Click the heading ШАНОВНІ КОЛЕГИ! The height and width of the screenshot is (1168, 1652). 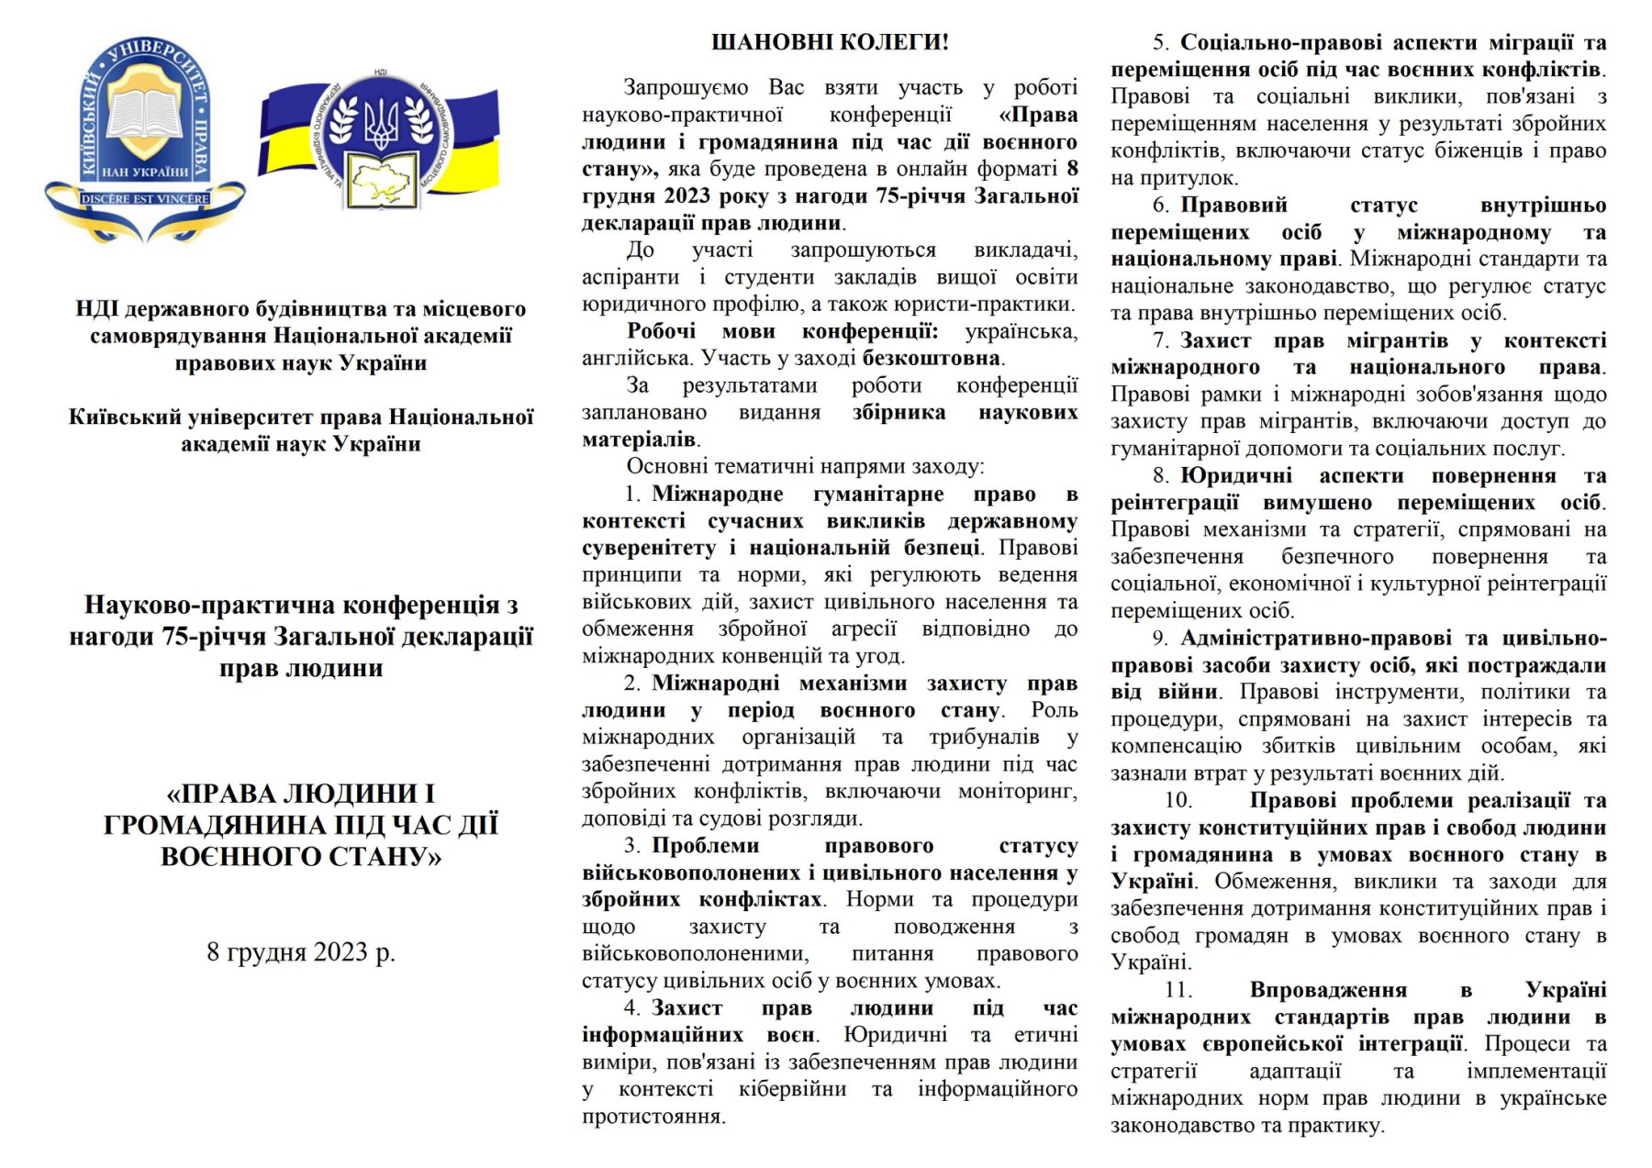click(x=830, y=42)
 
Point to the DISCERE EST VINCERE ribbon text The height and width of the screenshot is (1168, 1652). click(x=145, y=198)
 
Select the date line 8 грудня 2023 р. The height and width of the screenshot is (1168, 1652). click(x=300, y=952)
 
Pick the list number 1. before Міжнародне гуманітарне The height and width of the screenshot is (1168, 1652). click(x=632, y=495)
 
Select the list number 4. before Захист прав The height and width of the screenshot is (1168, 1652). click(x=632, y=1008)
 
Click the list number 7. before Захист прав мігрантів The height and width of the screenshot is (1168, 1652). click(x=1161, y=341)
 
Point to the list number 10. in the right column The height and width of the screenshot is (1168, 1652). click(x=1178, y=801)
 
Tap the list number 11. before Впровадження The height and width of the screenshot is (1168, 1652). click(x=1178, y=991)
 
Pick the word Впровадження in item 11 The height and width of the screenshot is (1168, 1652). click(x=1327, y=991)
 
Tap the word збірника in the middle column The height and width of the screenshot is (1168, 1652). click(x=899, y=413)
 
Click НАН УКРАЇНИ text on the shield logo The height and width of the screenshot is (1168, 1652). click(x=144, y=172)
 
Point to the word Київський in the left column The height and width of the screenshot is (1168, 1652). click(x=125, y=417)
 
